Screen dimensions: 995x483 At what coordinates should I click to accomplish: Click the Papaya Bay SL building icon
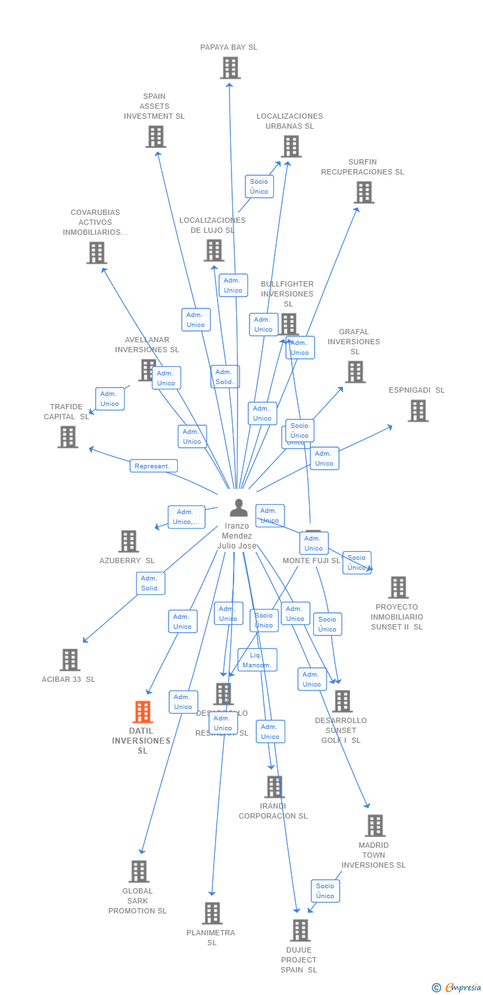(230, 68)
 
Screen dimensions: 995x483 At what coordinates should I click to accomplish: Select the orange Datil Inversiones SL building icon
(143, 712)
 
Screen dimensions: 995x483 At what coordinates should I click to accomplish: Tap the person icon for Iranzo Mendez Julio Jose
(238, 508)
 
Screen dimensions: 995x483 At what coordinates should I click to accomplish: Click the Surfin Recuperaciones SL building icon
(364, 192)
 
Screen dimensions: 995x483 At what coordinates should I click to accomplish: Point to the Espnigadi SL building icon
(417, 411)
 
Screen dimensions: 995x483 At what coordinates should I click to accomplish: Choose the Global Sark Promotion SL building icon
(139, 871)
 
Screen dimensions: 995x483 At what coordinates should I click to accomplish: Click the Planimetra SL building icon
(212, 913)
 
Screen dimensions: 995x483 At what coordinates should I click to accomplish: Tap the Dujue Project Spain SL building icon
(300, 930)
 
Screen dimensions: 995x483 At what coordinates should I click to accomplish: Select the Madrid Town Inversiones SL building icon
(375, 826)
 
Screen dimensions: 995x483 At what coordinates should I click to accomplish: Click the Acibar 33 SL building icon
(70, 659)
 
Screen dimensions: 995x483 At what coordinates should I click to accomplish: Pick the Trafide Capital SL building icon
(68, 436)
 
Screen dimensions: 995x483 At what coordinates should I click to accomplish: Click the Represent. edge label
(153, 466)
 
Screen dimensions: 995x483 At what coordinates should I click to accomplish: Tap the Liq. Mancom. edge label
(257, 660)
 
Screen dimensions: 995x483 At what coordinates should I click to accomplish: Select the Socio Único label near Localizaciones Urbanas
(259, 186)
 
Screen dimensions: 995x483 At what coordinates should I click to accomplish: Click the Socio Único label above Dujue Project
(325, 891)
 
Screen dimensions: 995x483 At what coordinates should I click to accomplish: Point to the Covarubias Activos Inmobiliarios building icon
(97, 252)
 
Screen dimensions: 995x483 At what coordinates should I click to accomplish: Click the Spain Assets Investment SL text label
(154, 106)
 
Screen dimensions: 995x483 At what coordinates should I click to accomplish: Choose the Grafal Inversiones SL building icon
(355, 372)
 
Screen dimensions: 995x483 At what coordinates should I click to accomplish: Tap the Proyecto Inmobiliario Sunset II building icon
(398, 587)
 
